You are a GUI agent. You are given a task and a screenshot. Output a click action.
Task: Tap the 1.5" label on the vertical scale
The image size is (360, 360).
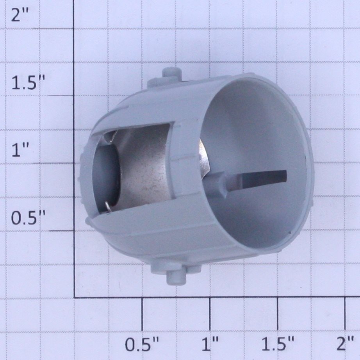28,83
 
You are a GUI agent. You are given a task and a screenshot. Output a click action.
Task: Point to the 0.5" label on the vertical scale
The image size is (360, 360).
28,218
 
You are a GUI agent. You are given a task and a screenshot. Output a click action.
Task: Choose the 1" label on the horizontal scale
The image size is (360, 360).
210,344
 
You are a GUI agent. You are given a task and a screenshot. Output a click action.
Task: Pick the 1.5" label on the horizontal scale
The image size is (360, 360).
278,344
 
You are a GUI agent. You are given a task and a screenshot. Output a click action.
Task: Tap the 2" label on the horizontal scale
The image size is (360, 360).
345,344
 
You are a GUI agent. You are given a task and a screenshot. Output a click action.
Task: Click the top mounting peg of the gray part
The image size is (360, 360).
171,73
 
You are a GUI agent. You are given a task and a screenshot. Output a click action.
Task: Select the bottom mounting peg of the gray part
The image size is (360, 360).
176,277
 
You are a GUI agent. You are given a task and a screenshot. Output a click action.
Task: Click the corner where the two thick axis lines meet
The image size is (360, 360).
74,298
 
